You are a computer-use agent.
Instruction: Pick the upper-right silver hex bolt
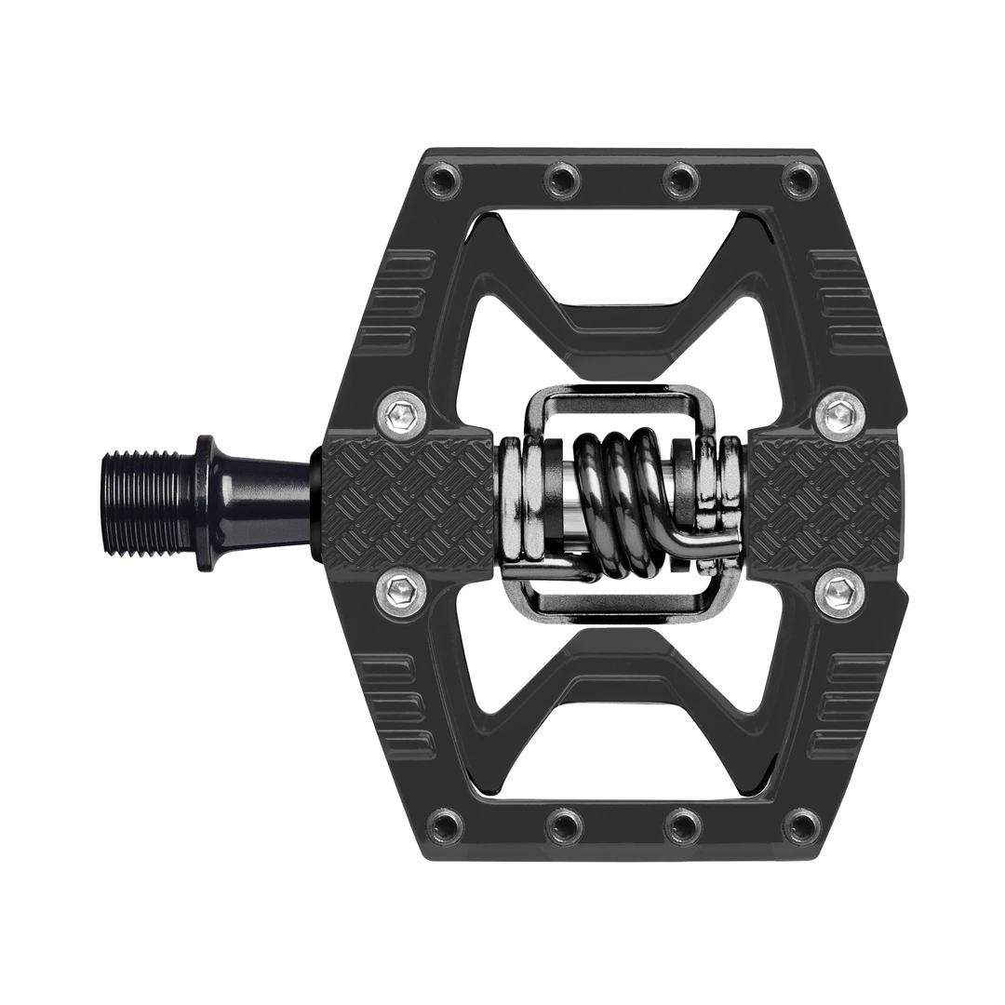pyautogui.click(x=838, y=411)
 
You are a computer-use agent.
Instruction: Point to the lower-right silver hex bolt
pyautogui.click(x=838, y=590)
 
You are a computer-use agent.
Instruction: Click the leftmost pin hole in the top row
pyautogui.click(x=443, y=178)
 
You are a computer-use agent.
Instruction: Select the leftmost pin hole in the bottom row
pyautogui.click(x=443, y=824)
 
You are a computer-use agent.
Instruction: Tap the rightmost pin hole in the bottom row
pyautogui.click(x=800, y=824)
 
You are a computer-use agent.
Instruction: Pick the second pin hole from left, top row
pyautogui.click(x=563, y=178)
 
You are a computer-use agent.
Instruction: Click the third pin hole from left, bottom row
pyautogui.click(x=682, y=824)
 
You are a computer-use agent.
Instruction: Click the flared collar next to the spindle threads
pyautogui.click(x=209, y=502)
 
